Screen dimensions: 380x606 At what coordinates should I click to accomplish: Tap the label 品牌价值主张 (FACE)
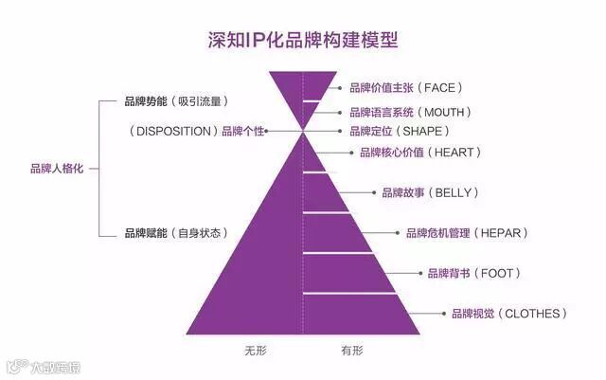[404, 88]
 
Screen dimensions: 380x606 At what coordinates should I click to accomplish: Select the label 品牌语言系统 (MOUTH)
[410, 112]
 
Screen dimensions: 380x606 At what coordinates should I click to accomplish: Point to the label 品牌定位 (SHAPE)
[399, 131]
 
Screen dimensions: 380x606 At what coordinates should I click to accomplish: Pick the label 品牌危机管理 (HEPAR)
[465, 233]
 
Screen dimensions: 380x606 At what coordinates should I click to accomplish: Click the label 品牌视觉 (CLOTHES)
[508, 314]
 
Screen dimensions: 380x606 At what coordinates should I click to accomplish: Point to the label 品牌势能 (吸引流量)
[177, 100]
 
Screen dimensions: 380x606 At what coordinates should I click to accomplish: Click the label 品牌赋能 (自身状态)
[177, 233]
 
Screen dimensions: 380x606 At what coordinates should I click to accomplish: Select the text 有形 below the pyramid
[351, 351]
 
